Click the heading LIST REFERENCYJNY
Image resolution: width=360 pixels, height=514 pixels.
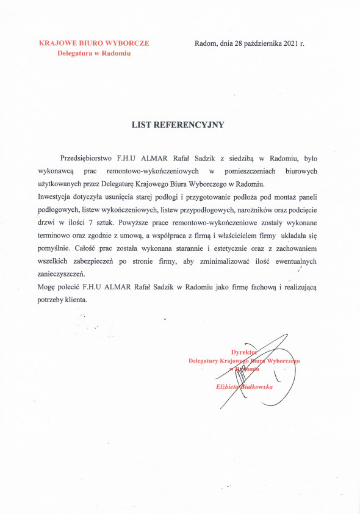coord(178,125)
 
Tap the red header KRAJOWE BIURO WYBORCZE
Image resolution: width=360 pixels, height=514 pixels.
coord(94,43)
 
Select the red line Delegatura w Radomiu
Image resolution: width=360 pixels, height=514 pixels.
coord(94,53)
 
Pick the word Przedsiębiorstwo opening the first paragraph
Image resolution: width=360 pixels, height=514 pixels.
coord(87,158)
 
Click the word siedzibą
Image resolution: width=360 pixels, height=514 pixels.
coord(237,158)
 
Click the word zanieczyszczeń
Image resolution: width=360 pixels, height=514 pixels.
coord(67,275)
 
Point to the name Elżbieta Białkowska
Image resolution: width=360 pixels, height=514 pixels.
coord(244,387)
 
